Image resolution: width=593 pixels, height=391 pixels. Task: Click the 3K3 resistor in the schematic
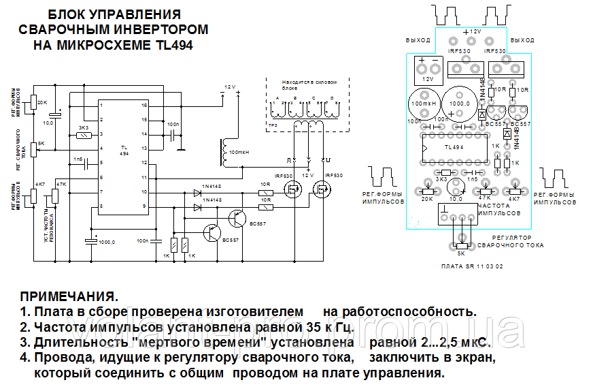(x=85, y=136)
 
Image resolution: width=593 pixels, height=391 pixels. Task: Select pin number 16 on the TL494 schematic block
(x=144, y=106)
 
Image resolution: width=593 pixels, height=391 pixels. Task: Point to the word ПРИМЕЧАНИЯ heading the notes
(x=69, y=298)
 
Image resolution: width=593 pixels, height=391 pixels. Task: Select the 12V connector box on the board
(x=428, y=69)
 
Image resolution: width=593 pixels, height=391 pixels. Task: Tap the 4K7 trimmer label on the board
(x=516, y=198)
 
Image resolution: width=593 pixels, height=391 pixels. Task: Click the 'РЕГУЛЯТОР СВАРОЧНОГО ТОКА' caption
(x=511, y=240)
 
